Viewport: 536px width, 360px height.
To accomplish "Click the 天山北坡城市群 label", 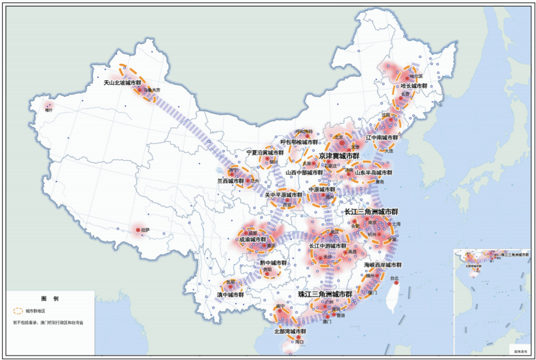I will (122, 83).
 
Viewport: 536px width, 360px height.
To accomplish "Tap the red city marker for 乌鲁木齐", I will (141, 90).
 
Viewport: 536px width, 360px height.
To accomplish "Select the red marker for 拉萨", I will (138, 230).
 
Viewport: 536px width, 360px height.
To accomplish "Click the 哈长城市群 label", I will (413, 86).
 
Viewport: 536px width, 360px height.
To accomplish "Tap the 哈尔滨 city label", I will (415, 76).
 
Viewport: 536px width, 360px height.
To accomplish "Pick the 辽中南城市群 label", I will (382, 137).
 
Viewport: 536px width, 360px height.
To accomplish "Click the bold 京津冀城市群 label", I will (339, 156).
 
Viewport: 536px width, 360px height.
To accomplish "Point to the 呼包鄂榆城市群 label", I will (299, 142).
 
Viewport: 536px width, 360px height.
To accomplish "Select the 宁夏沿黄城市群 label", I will (265, 152).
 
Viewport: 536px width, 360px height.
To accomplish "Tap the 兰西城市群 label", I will (230, 181).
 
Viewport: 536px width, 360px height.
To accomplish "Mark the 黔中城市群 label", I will (273, 263).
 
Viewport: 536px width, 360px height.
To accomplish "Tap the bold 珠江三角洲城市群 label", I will (325, 294).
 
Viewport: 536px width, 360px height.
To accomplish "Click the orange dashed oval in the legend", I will (17, 311).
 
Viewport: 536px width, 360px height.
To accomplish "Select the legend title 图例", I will (50, 298).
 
